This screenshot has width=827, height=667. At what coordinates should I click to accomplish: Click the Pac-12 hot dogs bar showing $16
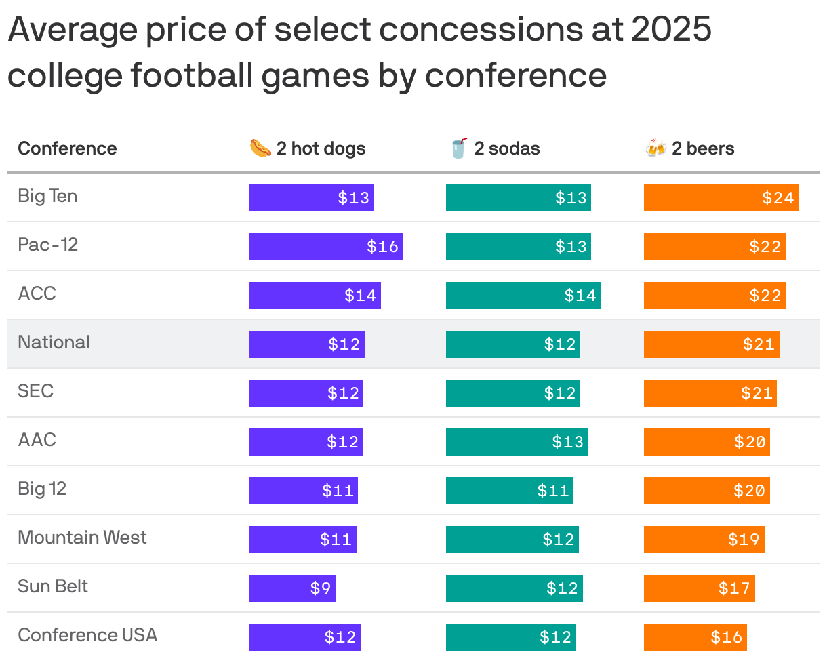325,247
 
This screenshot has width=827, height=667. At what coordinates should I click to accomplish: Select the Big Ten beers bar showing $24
721,198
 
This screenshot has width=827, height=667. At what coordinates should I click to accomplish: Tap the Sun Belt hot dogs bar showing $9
292,588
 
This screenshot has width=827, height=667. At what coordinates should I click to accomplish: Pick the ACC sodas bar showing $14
523,296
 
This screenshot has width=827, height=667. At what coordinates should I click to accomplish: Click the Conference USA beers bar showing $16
695,637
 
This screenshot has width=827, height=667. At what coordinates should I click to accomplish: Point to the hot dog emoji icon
260,148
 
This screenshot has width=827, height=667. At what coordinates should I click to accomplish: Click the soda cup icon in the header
459,148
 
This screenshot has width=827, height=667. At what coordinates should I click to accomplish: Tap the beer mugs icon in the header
655,148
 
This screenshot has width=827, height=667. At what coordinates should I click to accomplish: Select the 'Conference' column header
67,148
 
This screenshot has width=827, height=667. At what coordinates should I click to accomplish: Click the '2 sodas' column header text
507,148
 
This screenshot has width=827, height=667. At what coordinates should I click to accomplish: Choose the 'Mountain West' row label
82,538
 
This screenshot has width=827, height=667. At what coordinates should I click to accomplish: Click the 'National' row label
54,342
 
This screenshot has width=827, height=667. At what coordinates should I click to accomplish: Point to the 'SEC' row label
35,391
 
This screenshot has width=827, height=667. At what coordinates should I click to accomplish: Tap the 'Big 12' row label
42,489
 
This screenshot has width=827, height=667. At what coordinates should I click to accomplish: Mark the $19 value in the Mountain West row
744,540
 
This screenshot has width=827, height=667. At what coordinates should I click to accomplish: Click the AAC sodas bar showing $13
517,442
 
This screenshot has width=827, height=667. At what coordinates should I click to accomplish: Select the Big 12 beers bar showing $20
706,491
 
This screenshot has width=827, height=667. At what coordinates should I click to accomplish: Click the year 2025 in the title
671,30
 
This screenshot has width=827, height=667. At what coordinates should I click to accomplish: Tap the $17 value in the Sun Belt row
734,588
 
